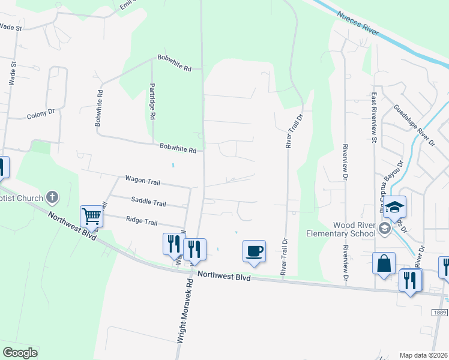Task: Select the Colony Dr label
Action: pos(41,113)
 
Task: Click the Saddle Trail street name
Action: pos(148,203)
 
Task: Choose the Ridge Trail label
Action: pos(142,221)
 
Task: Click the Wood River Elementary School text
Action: pos(333,229)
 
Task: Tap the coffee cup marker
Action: pos(254,250)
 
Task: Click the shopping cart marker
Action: pos(92,216)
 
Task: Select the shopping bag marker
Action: pos(384,262)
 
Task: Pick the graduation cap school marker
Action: pos(394,207)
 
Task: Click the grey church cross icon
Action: pos(52,197)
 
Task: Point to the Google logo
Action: pos(20,353)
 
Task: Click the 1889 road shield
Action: pos(440,312)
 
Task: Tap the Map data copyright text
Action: pos(423,355)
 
